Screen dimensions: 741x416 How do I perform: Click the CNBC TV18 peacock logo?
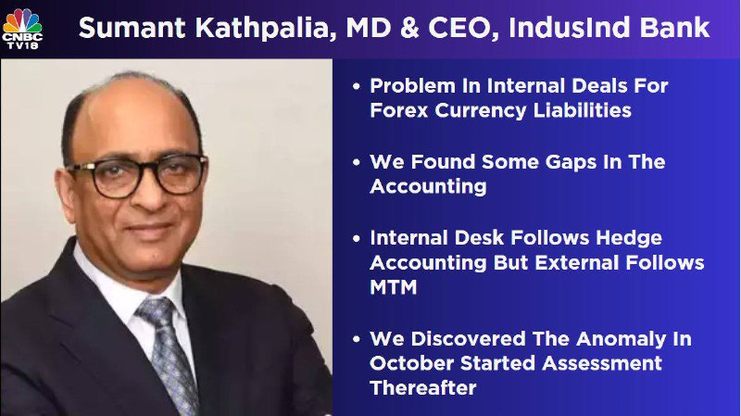click(22, 29)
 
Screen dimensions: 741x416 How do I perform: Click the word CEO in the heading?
click(464, 29)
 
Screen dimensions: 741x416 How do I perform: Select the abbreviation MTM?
click(393, 288)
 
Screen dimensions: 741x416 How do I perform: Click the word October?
click(411, 363)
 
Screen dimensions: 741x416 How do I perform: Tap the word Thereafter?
click(423, 388)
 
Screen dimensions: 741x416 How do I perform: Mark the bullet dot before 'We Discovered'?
click(357, 339)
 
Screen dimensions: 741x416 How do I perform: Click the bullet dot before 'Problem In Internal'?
click(357, 86)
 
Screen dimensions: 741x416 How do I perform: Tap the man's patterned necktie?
click(170, 352)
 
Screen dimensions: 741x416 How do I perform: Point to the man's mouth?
click(151, 230)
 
